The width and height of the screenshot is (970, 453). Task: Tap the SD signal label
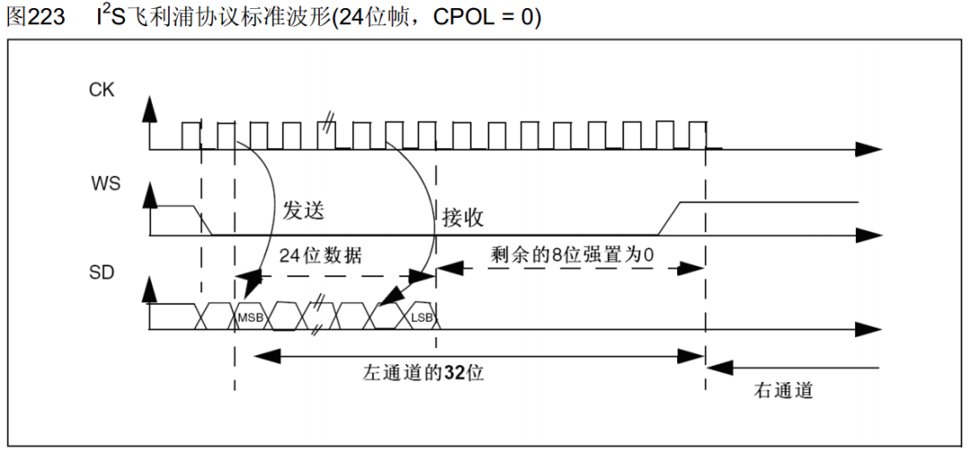point(101,272)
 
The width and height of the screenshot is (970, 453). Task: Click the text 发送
point(303,210)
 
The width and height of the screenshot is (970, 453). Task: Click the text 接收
point(463,217)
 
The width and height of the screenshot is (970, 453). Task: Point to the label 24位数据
point(321,254)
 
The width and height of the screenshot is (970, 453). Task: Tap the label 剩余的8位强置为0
point(572,254)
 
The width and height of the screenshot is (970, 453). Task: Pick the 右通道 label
point(783,390)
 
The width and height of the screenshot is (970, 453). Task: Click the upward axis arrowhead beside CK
point(150,109)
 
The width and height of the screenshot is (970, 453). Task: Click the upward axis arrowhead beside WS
point(150,196)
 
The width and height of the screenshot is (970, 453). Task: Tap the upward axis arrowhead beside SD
point(150,290)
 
